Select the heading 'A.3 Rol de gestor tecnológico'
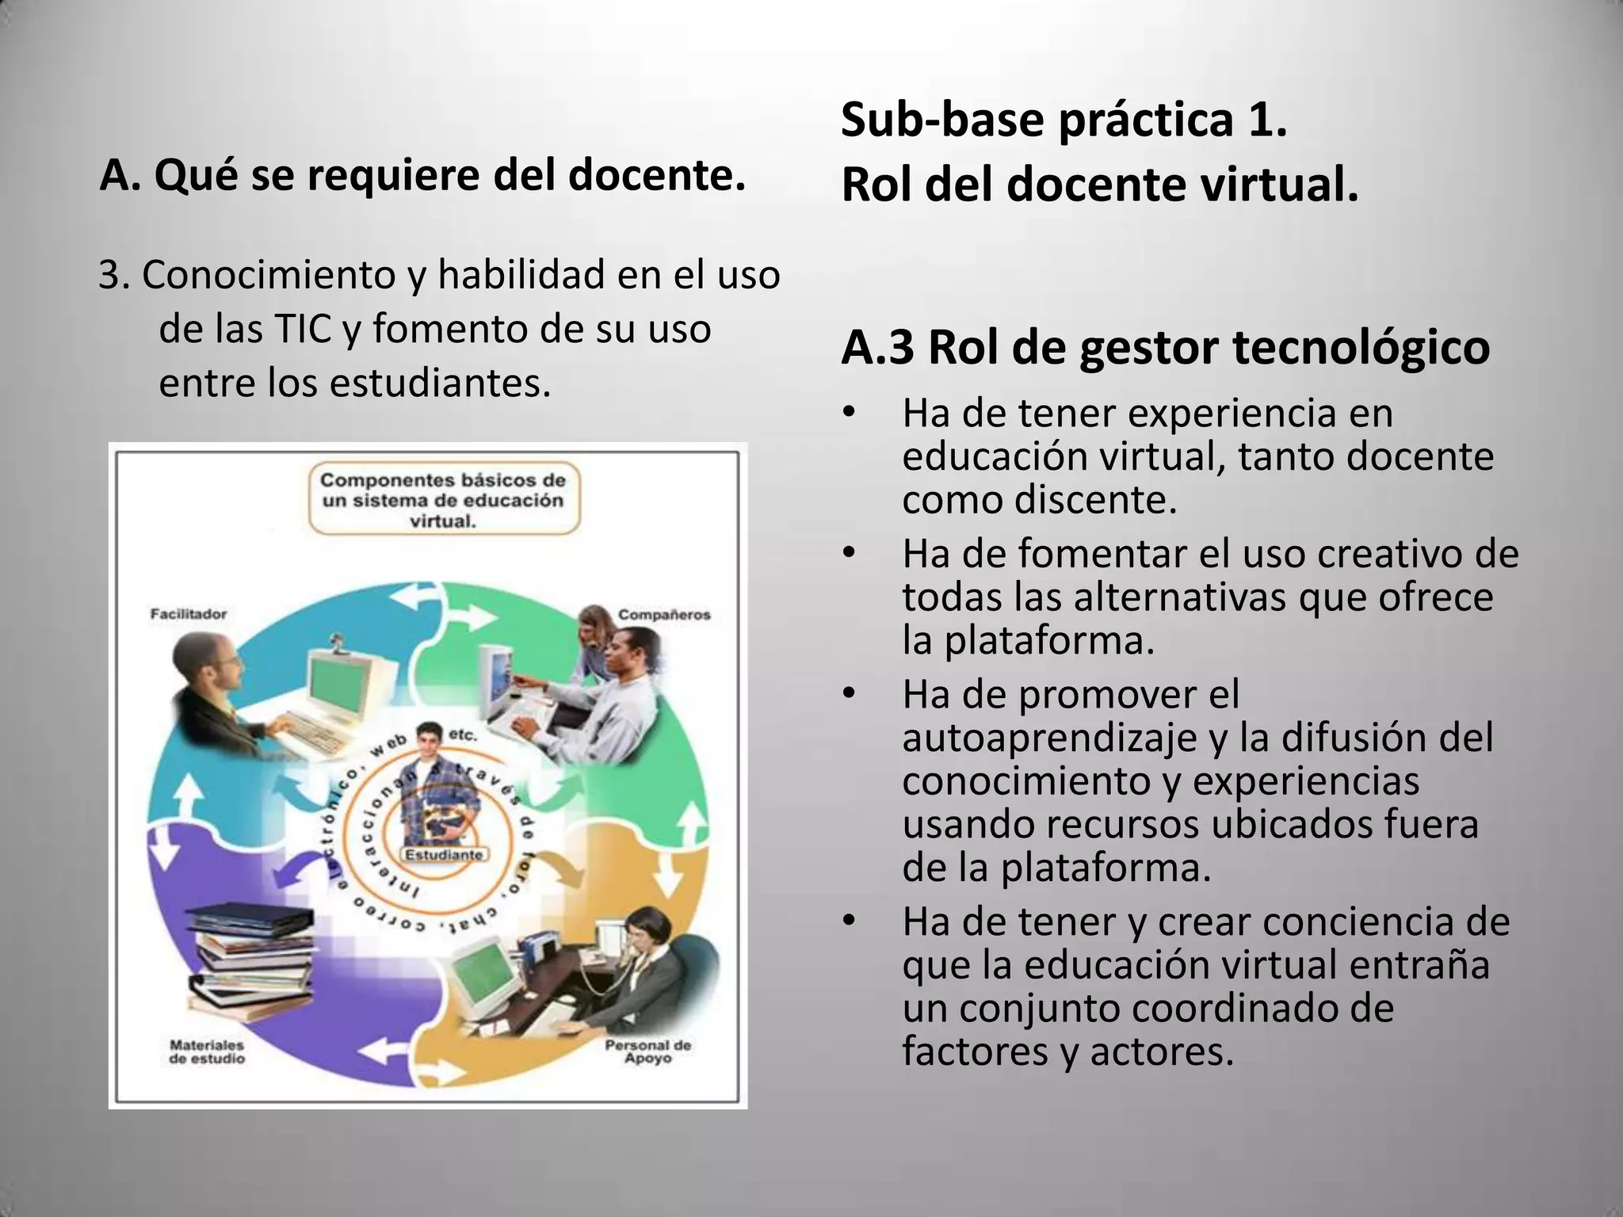pyautogui.click(x=1165, y=347)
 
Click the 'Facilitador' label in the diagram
pyautogui.click(x=189, y=613)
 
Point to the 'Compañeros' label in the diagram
pyautogui.click(x=664, y=614)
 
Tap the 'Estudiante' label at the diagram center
pyautogui.click(x=444, y=855)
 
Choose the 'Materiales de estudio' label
pyautogui.click(x=207, y=1051)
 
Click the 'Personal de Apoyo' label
pyautogui.click(x=647, y=1051)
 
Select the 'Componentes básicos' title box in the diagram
pyautogui.click(x=444, y=501)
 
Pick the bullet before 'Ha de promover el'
pyautogui.click(x=850, y=693)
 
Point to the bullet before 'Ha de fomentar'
pyautogui.click(x=850, y=553)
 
